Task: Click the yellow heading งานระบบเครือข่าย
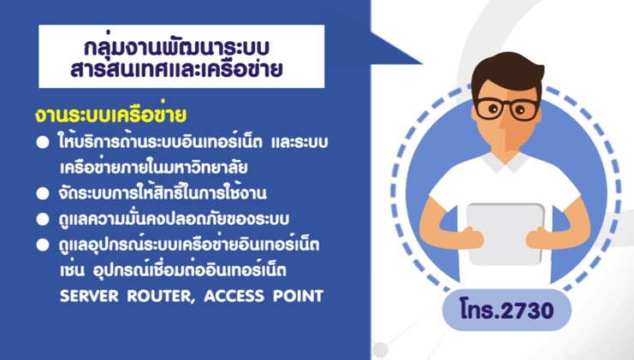(x=110, y=114)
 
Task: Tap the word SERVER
(x=89, y=296)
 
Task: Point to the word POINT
(x=298, y=296)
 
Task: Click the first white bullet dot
(x=43, y=143)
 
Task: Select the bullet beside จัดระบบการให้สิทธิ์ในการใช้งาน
(x=43, y=193)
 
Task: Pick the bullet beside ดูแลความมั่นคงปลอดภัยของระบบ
(x=43, y=220)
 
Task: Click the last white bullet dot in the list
(x=43, y=245)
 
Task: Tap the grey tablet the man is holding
(x=505, y=234)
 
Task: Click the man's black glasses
(x=507, y=109)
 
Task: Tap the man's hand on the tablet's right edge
(x=541, y=238)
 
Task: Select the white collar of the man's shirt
(x=505, y=162)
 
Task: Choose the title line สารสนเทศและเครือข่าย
(x=176, y=69)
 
